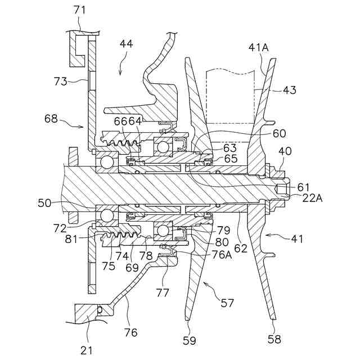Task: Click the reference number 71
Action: (x=80, y=10)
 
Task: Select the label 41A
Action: (x=258, y=48)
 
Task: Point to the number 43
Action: (x=290, y=89)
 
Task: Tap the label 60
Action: (x=280, y=133)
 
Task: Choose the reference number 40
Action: (x=286, y=151)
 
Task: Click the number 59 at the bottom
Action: (x=190, y=339)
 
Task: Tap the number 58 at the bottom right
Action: (x=274, y=339)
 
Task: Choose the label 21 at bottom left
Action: (x=86, y=350)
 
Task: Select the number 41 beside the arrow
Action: (x=297, y=238)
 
